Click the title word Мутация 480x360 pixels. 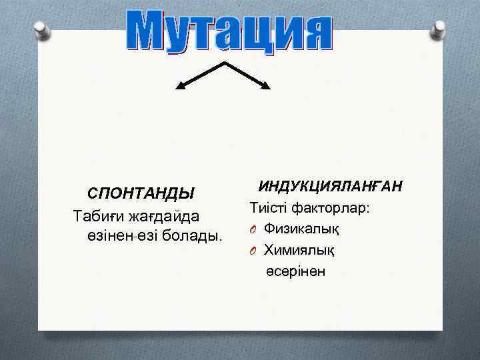pos(229,29)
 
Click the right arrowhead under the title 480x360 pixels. pos(266,85)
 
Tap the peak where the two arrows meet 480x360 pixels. pos(223,63)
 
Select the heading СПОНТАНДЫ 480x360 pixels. pos(141,193)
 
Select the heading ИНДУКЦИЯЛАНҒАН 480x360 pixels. pos(329,186)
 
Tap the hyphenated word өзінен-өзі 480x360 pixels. pos(120,237)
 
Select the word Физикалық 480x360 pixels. pos(301,229)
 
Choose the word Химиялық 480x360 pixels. pos(299,250)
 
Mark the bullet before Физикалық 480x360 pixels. pos(254,230)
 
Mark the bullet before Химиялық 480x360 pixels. pos(254,251)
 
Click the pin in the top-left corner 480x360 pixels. pos(42,29)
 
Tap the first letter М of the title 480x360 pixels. pos(148,31)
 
